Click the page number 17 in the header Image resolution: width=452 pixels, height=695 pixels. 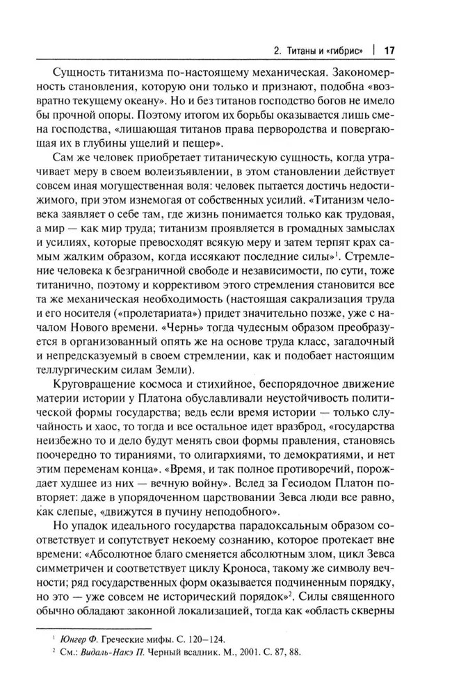tap(389, 50)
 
